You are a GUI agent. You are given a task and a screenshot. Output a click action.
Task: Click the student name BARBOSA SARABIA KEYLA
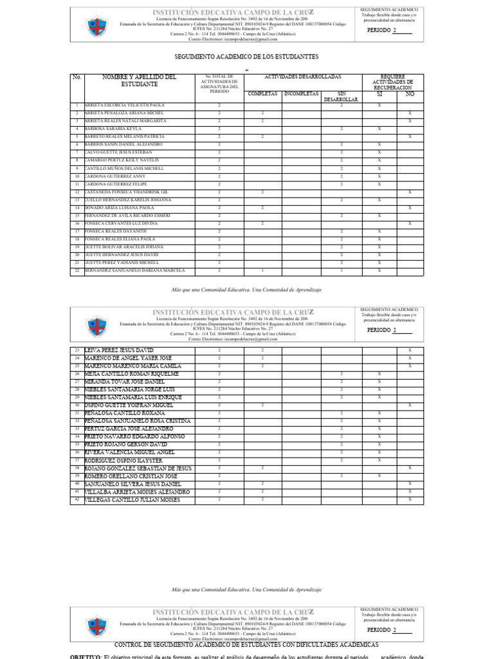tap(113, 129)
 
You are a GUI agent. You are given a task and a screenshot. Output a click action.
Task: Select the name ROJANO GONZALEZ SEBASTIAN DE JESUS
tap(138, 468)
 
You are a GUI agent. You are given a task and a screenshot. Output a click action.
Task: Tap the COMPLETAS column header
tap(262, 93)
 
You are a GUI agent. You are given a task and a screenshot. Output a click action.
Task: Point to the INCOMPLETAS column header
tap(301, 93)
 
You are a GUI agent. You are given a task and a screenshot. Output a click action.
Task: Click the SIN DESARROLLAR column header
tap(342, 97)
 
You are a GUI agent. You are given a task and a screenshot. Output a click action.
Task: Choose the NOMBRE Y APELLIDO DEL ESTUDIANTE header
tap(139, 81)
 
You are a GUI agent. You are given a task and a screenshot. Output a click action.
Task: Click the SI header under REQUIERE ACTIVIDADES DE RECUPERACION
tap(379, 94)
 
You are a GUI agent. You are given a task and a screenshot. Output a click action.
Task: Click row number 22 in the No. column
tap(77, 271)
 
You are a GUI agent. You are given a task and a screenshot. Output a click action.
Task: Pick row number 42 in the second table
tap(77, 499)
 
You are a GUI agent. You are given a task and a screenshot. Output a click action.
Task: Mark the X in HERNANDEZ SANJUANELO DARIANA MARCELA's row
tap(379, 271)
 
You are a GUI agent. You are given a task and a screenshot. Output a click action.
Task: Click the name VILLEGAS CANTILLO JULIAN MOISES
tap(132, 499)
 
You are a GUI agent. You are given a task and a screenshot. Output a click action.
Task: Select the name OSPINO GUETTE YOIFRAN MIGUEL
tap(129, 405)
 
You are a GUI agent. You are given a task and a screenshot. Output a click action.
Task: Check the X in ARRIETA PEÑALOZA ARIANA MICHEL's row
tap(410, 113)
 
